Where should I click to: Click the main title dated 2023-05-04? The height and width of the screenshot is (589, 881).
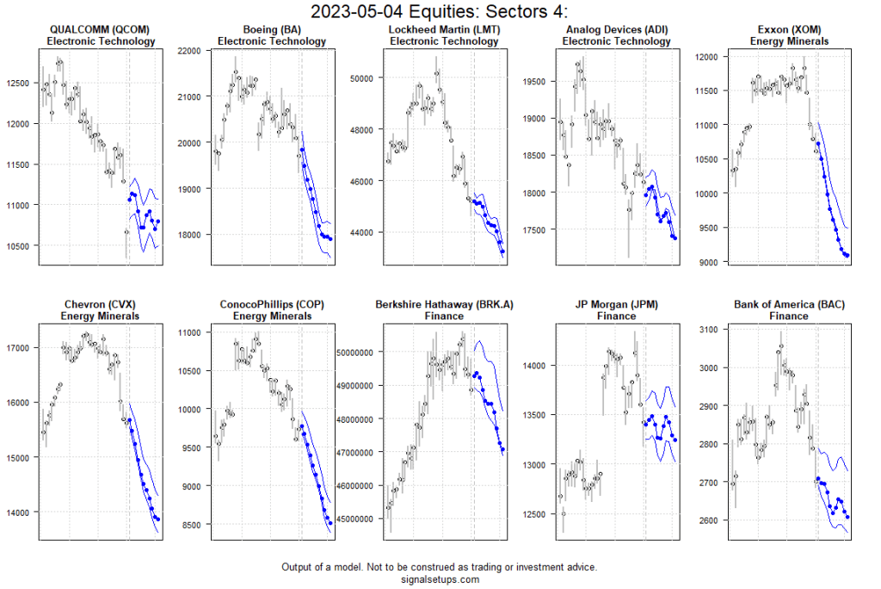coord(440,11)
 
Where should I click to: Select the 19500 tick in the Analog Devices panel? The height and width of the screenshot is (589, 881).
coord(534,82)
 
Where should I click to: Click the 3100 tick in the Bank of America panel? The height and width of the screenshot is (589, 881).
coord(710,330)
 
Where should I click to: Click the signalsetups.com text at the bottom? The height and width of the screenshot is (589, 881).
coord(440,580)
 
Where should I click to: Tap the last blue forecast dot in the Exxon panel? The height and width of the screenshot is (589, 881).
coord(847,255)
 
